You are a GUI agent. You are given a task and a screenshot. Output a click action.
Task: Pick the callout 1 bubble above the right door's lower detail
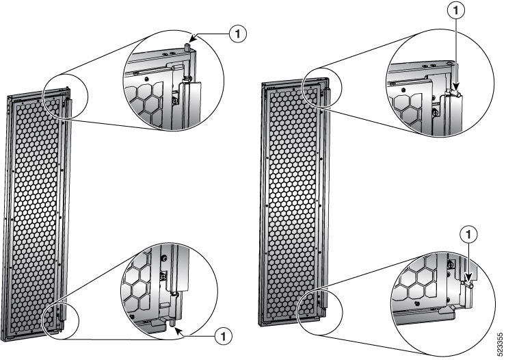click(469, 235)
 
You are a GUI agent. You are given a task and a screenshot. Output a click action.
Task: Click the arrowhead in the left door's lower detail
click(179, 330)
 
